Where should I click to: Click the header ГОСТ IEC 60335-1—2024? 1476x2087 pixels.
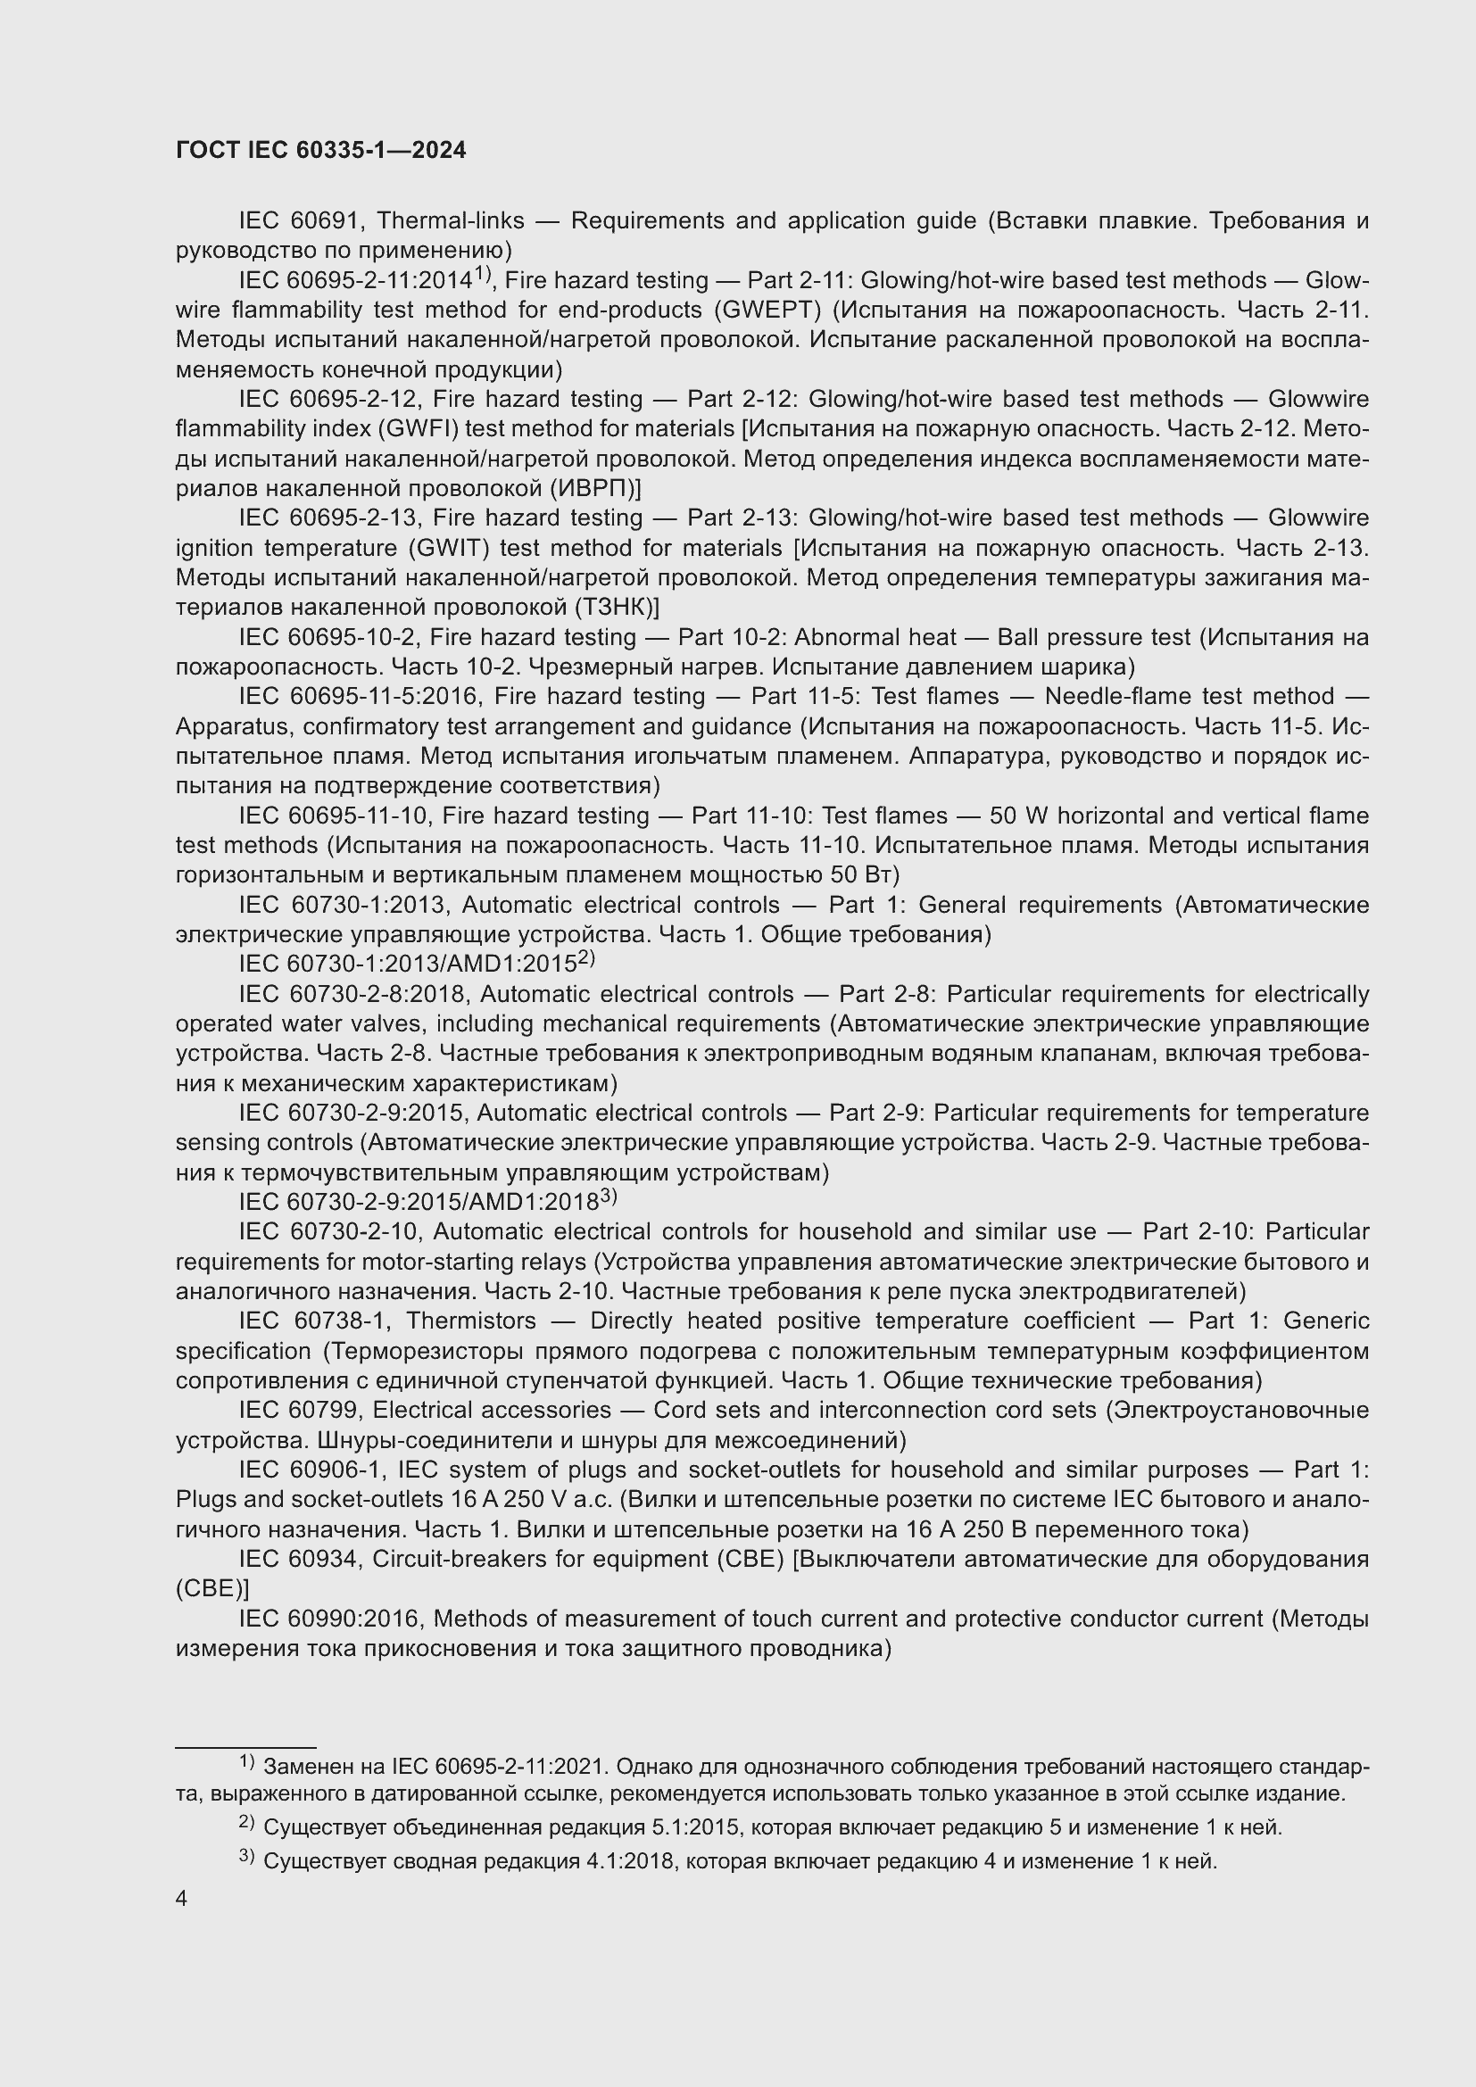click(x=320, y=150)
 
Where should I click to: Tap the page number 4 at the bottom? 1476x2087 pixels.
click(x=181, y=1899)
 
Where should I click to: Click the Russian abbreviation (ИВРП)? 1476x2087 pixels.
click(x=594, y=488)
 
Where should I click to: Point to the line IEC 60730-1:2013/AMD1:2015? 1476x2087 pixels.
click(x=416, y=964)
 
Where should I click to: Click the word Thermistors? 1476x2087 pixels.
click(x=471, y=1321)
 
